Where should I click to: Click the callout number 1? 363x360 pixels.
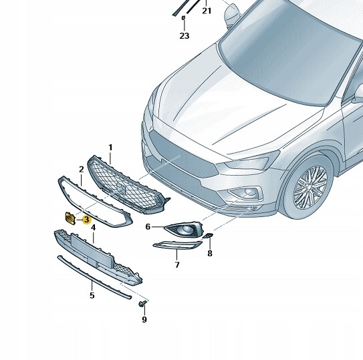110,148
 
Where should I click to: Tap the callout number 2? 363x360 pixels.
81,170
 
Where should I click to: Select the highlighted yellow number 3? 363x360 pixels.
86,220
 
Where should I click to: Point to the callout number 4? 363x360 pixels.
93,228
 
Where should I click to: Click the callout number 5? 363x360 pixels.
92,295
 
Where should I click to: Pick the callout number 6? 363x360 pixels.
148,226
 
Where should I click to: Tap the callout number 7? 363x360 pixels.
177,264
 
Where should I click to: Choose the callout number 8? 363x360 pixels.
210,253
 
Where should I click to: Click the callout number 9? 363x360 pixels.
144,319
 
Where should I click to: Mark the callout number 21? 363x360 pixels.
207,11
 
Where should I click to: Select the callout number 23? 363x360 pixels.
185,36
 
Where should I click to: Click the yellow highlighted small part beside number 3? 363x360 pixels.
70,218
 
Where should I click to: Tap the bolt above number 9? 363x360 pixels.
142,303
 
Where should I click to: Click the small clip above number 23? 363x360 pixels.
183,17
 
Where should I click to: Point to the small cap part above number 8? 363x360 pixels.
208,236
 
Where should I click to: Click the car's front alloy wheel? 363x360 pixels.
310,187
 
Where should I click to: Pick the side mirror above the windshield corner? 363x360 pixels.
232,15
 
